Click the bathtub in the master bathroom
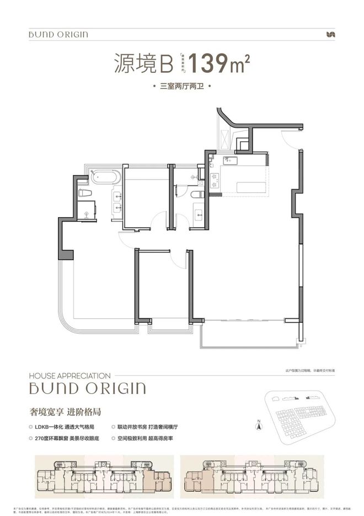coord(104,178)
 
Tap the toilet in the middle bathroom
coord(195,194)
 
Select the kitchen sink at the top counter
coord(231,161)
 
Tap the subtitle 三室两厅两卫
coord(181,87)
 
